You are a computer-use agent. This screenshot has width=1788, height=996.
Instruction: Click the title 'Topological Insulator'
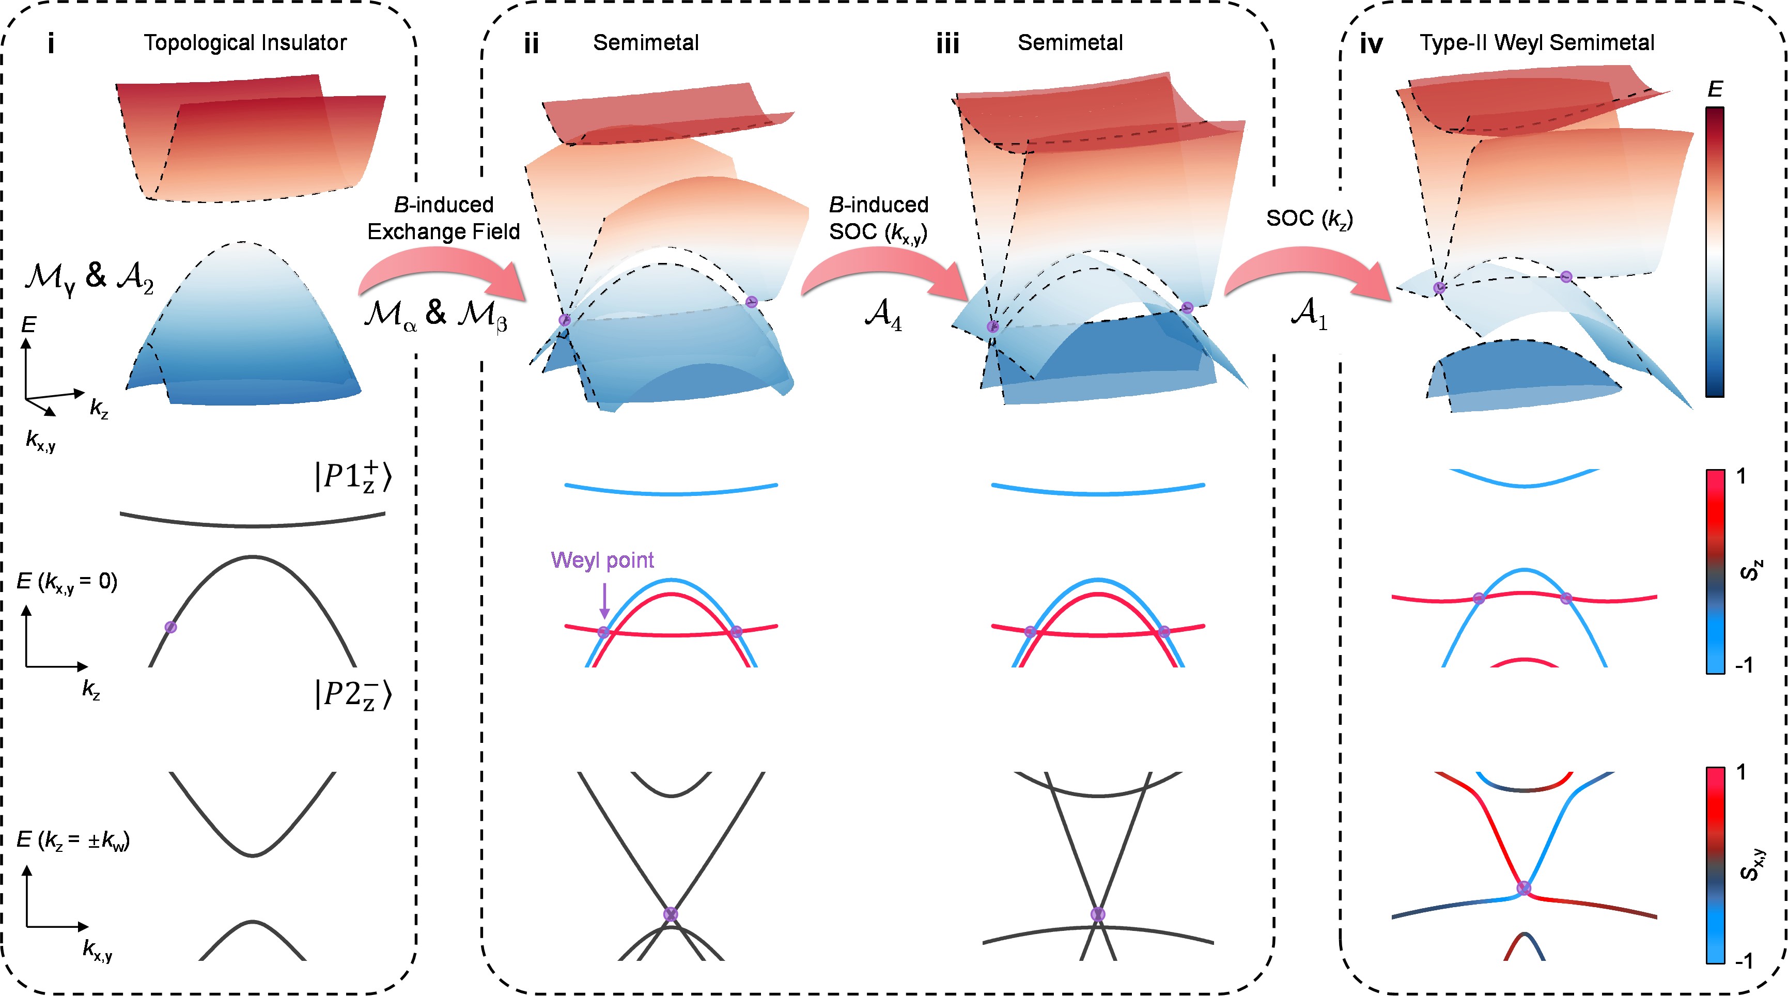click(x=245, y=43)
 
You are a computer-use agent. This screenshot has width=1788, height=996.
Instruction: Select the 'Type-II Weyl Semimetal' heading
click(x=1537, y=43)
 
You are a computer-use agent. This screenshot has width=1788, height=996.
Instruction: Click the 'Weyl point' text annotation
click(x=602, y=560)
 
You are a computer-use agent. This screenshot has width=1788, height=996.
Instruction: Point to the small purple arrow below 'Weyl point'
click(x=604, y=600)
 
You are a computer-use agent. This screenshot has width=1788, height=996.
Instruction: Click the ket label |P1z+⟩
click(x=353, y=477)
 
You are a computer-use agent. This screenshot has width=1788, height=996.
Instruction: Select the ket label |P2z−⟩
click(x=353, y=694)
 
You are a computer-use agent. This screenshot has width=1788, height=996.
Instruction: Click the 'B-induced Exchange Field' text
click(x=444, y=218)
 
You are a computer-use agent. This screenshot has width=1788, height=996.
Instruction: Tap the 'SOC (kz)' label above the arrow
click(x=1309, y=218)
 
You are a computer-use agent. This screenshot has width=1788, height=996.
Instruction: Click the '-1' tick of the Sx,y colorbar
click(x=1744, y=960)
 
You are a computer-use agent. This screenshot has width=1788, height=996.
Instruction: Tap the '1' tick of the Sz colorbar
click(x=1741, y=477)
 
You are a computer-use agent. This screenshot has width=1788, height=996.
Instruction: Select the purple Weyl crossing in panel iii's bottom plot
click(x=1097, y=914)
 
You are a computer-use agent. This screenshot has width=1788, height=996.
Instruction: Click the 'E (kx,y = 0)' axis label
click(x=67, y=582)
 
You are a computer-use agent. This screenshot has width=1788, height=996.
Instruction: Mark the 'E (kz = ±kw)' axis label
click(x=73, y=841)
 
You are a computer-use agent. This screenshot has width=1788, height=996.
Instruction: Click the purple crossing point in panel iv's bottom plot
click(x=1523, y=888)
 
